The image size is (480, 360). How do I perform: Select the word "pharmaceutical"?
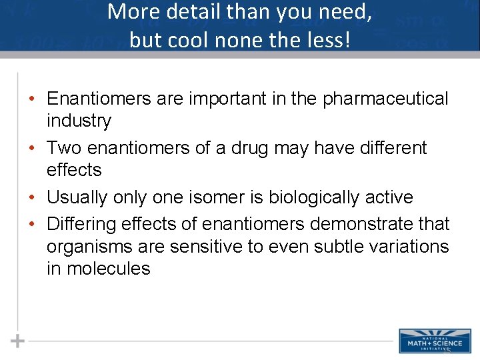(x=385, y=99)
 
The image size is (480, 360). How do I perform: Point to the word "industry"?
(x=79, y=121)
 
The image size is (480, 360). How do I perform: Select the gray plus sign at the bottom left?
(x=18, y=341)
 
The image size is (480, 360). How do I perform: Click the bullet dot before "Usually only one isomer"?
(x=33, y=198)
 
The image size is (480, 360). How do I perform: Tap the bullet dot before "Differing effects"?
(x=33, y=224)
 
